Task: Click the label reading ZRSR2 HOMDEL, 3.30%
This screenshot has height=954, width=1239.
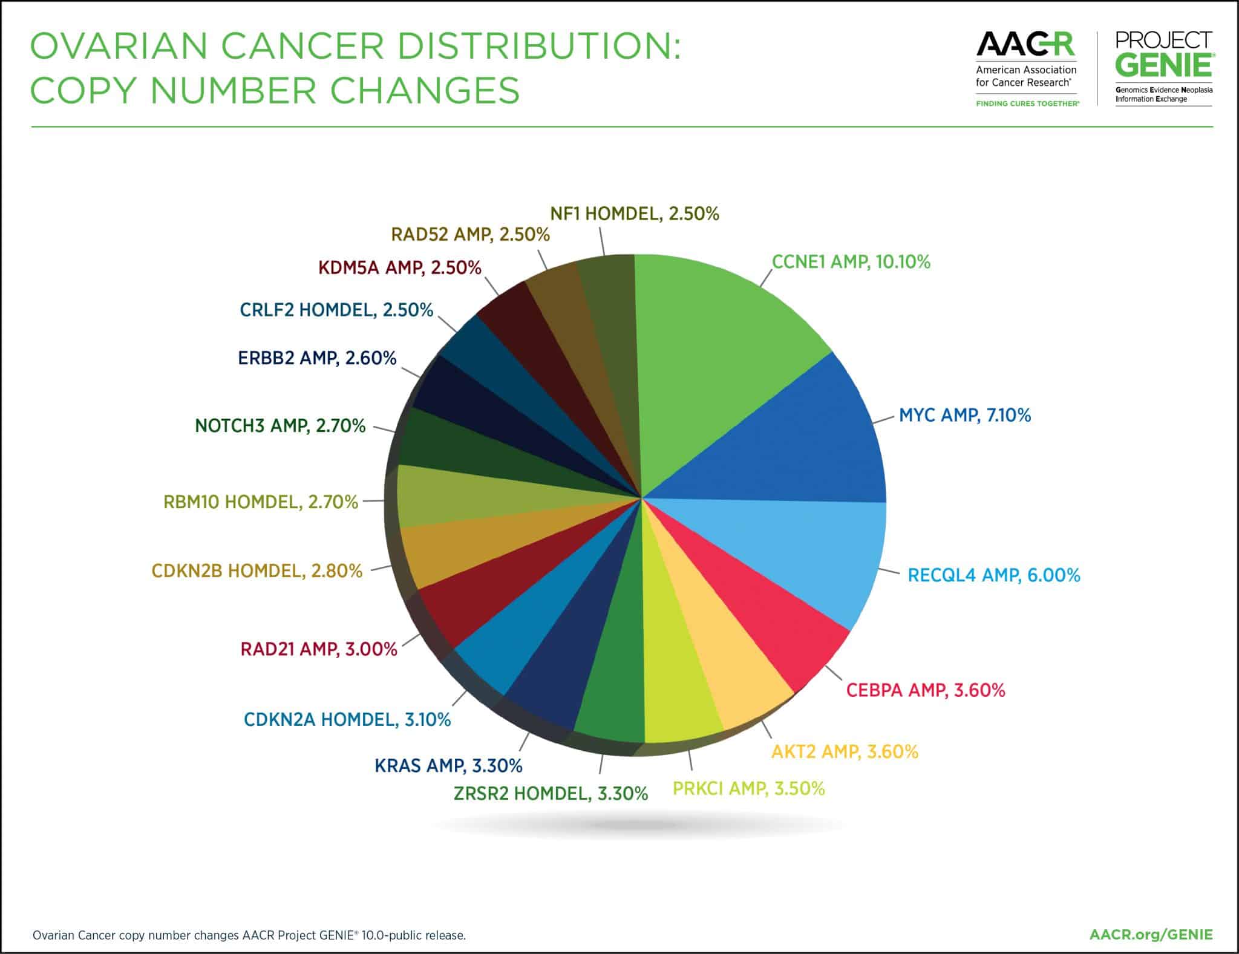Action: coord(551,792)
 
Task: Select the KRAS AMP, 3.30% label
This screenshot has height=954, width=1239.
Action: coord(448,765)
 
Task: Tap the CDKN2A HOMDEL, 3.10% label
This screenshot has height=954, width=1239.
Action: coord(347,719)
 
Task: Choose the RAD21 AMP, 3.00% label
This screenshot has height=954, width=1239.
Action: coord(319,649)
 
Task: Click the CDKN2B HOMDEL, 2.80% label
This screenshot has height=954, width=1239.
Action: coord(257,570)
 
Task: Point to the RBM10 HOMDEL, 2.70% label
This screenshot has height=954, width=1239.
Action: coord(261,502)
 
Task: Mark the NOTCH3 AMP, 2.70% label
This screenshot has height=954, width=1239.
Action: coord(280,426)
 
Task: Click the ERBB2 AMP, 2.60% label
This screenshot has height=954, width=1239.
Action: coord(317,358)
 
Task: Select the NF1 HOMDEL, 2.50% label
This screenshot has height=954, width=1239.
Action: coord(634,214)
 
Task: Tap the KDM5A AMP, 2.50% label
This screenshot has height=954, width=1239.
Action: coord(399,267)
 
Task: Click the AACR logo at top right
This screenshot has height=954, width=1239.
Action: coord(1026,45)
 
